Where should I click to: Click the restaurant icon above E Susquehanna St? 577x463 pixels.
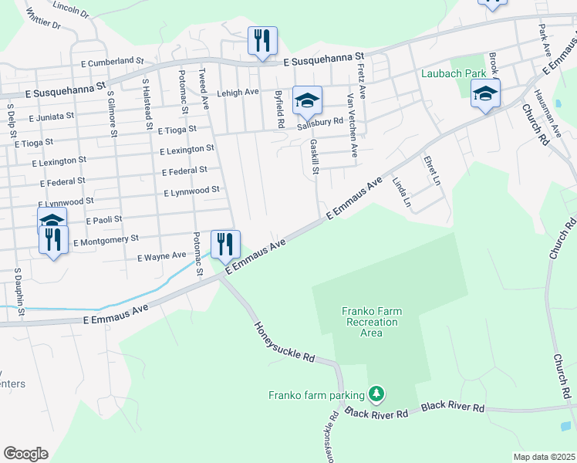(262, 40)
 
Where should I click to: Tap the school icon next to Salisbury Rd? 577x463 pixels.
(307, 100)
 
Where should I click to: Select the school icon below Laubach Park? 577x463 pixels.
(485, 93)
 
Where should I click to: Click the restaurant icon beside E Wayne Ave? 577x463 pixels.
(225, 244)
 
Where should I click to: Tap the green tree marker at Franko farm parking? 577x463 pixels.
(376, 394)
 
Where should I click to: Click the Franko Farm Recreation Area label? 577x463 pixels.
(372, 322)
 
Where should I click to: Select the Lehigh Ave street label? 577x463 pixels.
(238, 92)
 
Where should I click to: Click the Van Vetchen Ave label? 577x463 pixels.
(353, 126)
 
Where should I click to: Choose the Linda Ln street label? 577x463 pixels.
(401, 191)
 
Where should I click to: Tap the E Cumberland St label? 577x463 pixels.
(106, 59)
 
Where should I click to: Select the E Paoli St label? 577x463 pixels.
(104, 220)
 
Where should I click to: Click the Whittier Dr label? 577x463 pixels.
(43, 19)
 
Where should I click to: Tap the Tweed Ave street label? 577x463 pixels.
(204, 84)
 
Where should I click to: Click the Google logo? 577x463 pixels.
(25, 453)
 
